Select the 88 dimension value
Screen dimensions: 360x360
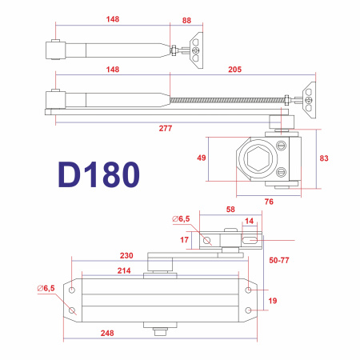click(x=186, y=20)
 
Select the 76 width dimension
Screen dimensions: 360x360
click(x=269, y=202)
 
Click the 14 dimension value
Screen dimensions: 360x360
click(x=249, y=222)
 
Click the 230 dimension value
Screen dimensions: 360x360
click(x=126, y=255)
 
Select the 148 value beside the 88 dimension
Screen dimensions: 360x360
click(x=111, y=20)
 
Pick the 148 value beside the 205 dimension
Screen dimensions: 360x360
click(x=111, y=70)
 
